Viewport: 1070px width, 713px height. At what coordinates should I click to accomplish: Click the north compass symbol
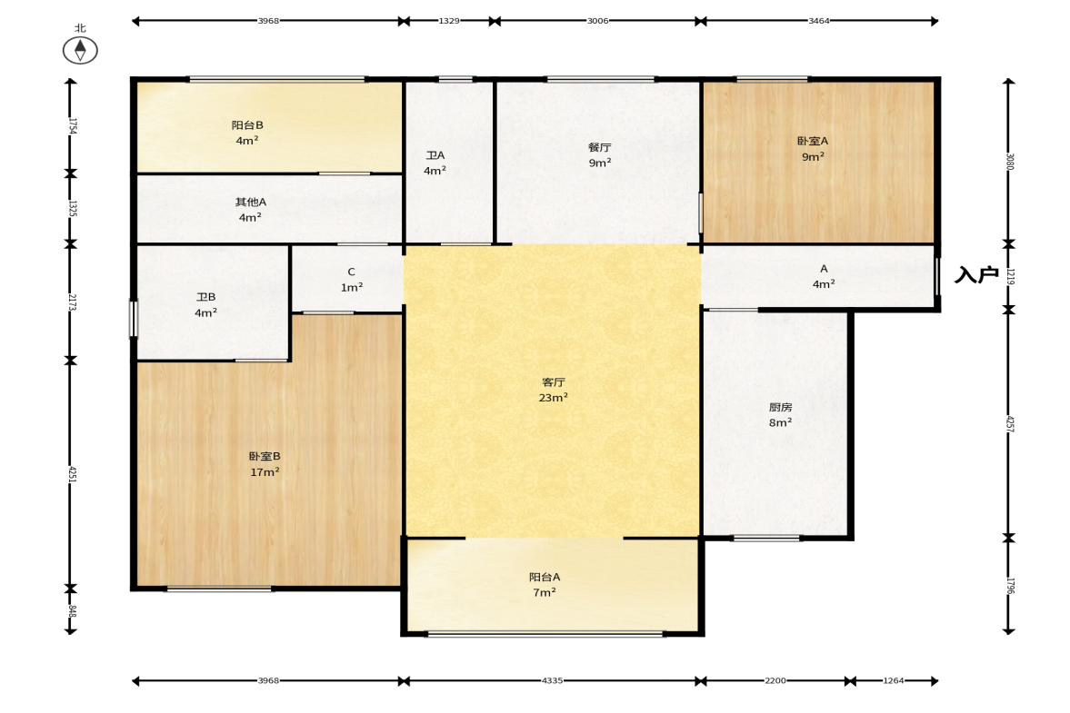click(80, 51)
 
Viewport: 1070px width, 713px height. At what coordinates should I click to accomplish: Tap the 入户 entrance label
click(976, 274)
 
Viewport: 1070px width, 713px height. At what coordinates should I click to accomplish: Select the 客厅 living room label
click(554, 382)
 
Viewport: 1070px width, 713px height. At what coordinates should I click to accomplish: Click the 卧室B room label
click(264, 456)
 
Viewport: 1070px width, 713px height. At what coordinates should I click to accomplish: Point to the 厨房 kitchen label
click(780, 407)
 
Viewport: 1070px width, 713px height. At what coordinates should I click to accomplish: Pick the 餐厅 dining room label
click(600, 147)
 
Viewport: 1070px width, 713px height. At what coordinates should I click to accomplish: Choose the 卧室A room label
click(813, 141)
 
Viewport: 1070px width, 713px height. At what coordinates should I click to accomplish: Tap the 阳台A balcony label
click(545, 577)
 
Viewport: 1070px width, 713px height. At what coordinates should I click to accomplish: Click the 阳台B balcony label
click(247, 124)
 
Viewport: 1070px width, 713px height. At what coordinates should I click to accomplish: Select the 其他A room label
click(250, 202)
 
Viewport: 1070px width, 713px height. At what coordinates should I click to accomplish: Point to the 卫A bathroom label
click(435, 155)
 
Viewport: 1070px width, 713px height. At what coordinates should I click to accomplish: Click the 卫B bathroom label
click(206, 297)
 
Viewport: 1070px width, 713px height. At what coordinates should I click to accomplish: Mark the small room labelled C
click(352, 272)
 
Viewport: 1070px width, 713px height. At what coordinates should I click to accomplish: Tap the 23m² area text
click(554, 398)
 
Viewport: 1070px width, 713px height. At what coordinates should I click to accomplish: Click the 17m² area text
click(265, 471)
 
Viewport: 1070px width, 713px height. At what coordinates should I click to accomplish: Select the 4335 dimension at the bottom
click(552, 680)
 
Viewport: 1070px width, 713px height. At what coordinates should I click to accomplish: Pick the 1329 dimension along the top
click(449, 21)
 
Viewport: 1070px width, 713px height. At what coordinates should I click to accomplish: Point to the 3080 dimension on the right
click(1010, 163)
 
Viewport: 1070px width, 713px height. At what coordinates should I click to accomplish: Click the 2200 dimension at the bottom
click(775, 680)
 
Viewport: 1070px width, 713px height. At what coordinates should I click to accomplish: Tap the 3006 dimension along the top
click(598, 21)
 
